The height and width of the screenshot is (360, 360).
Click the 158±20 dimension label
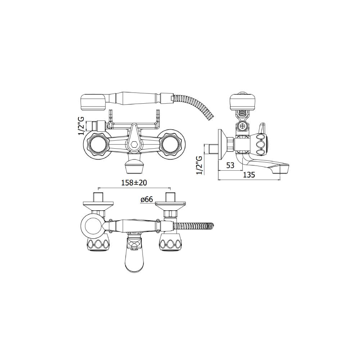point(134,183)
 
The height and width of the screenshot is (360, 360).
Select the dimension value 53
point(230,165)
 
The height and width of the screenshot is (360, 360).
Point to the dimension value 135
point(249,175)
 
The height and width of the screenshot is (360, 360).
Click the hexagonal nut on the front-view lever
point(135,145)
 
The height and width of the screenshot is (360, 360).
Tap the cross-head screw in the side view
point(242,126)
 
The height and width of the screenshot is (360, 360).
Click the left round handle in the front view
point(96,145)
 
